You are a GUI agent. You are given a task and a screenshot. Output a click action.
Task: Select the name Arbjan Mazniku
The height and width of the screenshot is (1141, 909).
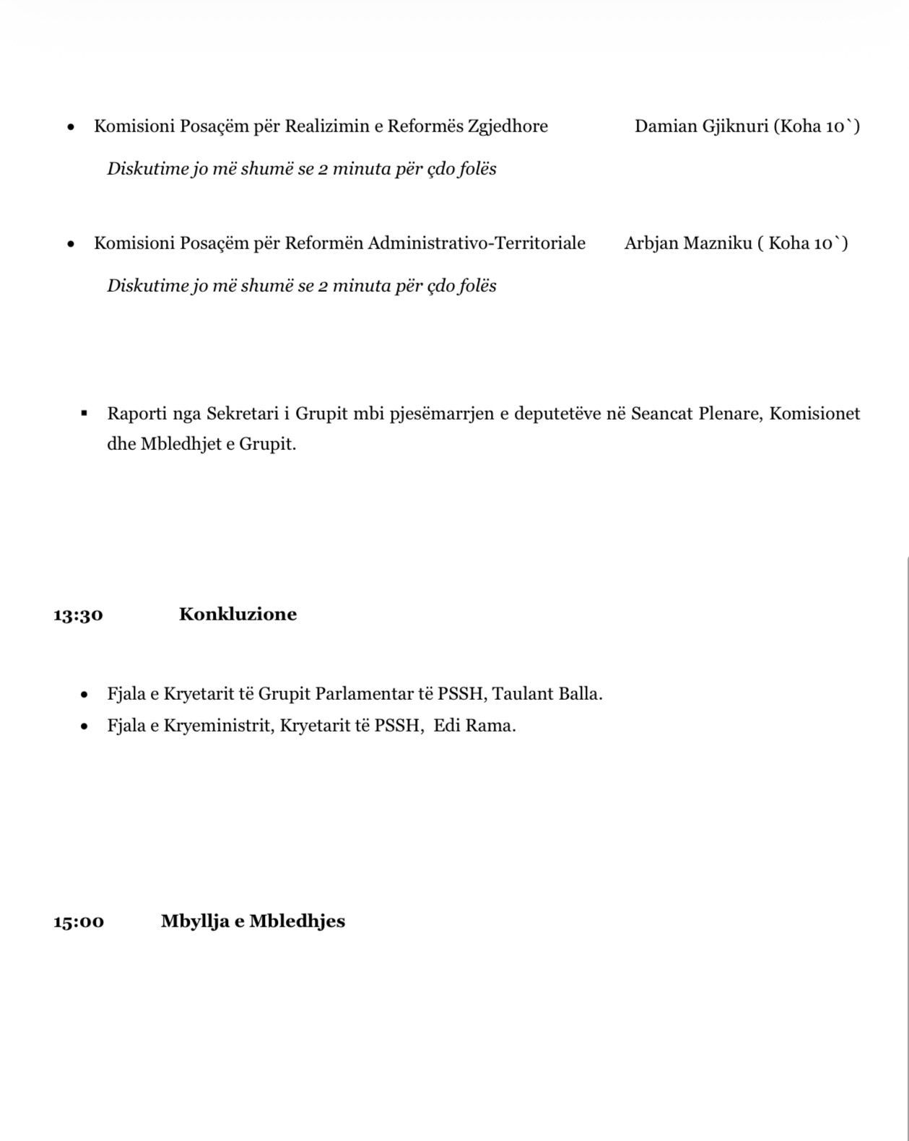point(687,243)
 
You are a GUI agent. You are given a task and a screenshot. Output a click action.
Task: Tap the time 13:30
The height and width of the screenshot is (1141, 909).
point(78,615)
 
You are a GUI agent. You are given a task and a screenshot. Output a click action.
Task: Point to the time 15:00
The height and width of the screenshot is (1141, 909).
point(78,922)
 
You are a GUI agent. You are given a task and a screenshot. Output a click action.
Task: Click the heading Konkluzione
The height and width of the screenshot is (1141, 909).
point(238,615)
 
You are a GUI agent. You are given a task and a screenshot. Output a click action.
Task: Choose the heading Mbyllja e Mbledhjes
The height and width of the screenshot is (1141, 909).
point(253,921)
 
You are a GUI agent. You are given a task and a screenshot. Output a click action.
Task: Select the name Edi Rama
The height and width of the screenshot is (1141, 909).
point(474,726)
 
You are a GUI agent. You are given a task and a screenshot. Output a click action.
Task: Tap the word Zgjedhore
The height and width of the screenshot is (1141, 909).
point(508,127)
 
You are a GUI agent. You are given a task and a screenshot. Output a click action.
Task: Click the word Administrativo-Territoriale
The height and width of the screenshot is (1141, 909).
point(477,243)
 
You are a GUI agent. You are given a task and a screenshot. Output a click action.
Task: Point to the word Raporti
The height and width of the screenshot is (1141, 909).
point(131,414)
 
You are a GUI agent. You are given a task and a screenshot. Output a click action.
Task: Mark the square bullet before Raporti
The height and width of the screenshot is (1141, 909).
point(84,413)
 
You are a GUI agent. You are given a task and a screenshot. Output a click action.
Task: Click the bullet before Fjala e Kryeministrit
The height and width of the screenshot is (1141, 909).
point(85,726)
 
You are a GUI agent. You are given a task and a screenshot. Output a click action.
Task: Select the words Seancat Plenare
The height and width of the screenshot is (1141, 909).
point(696,414)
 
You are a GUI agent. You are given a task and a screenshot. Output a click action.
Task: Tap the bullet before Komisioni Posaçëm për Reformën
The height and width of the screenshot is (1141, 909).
point(71,244)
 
